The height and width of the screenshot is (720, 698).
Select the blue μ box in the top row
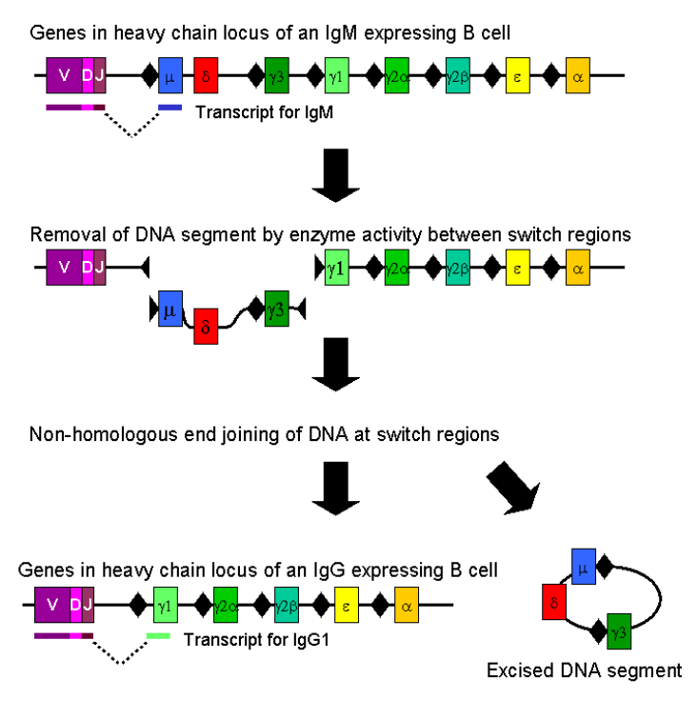(170, 73)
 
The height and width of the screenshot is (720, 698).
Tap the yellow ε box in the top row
(517, 73)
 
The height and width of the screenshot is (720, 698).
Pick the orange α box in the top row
(578, 73)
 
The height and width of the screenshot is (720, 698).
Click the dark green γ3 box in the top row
(276, 73)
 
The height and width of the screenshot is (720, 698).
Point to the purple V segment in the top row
(64, 73)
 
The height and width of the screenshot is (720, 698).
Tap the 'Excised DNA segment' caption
(584, 670)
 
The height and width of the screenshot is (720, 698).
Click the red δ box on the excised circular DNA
(553, 603)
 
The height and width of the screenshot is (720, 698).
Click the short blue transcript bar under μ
(170, 107)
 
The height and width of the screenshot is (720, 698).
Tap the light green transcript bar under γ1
(158, 634)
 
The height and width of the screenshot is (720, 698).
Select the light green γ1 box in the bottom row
(165, 604)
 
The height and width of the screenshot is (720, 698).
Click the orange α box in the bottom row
(407, 604)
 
